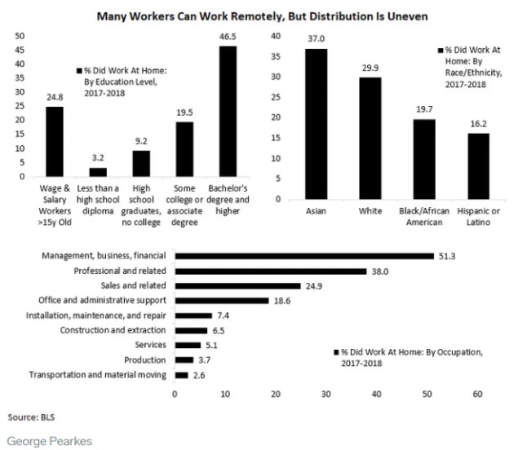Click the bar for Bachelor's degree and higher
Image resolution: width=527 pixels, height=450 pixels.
click(x=228, y=111)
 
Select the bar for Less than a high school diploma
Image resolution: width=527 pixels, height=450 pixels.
click(x=98, y=172)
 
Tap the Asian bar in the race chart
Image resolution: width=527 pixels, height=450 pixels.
click(x=316, y=124)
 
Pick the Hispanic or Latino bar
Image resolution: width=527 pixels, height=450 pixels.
click(x=478, y=166)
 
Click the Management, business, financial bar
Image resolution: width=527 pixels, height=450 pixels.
click(x=304, y=256)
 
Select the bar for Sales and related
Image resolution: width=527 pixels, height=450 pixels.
click(x=238, y=286)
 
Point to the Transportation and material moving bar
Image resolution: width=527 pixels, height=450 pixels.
click(x=181, y=375)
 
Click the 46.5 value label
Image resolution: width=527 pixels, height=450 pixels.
click(x=228, y=37)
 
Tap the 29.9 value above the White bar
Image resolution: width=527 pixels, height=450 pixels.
click(x=370, y=68)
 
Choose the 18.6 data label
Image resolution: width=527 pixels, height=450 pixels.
click(x=282, y=301)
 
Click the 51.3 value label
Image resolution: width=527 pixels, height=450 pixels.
click(x=447, y=257)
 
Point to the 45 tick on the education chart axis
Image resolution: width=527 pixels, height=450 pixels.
click(x=20, y=50)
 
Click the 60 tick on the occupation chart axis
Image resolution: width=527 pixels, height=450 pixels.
click(x=477, y=394)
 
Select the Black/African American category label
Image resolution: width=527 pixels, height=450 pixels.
click(x=424, y=217)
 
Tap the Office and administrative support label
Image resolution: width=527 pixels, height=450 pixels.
click(x=102, y=300)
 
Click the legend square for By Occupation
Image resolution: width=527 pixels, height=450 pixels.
click(x=336, y=352)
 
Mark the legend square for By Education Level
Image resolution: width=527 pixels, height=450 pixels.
click(x=79, y=71)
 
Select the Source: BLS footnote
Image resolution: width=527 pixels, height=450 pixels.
click(x=31, y=417)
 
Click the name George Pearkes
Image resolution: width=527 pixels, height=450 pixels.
click(x=50, y=441)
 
